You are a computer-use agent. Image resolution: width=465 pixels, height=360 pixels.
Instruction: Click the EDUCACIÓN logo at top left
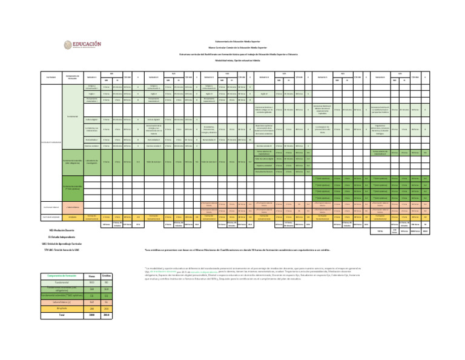(83, 45)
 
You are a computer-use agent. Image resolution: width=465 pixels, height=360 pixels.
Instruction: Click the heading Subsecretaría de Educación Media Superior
(233, 41)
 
